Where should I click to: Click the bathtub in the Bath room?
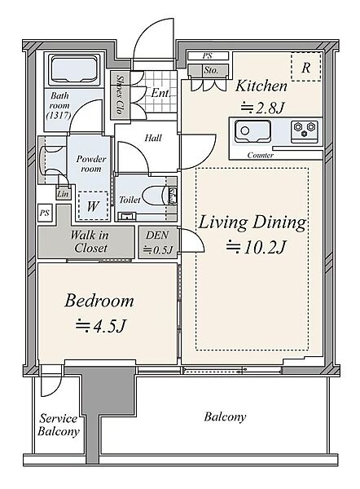tap(73, 70)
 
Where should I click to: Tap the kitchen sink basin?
tap(252, 131)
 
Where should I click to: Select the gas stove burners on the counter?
tap(304, 131)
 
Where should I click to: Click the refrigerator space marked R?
tap(306, 67)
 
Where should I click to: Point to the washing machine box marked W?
tap(93, 206)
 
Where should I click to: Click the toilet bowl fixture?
tap(157, 196)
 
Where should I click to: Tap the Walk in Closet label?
tap(90, 241)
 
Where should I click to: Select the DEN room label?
tap(157, 236)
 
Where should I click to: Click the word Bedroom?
tap(99, 301)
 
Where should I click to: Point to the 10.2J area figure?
tap(256, 248)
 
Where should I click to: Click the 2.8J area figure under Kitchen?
tap(262, 108)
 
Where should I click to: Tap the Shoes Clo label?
tap(119, 94)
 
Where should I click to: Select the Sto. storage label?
tap(211, 70)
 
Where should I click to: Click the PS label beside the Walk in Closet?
tap(45, 213)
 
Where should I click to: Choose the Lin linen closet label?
tap(63, 194)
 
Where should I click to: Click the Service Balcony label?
tap(59, 425)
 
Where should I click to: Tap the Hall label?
tap(153, 138)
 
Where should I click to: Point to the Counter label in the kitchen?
tap(261, 155)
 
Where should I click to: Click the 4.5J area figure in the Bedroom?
tap(100, 326)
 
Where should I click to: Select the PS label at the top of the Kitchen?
tap(207, 56)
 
